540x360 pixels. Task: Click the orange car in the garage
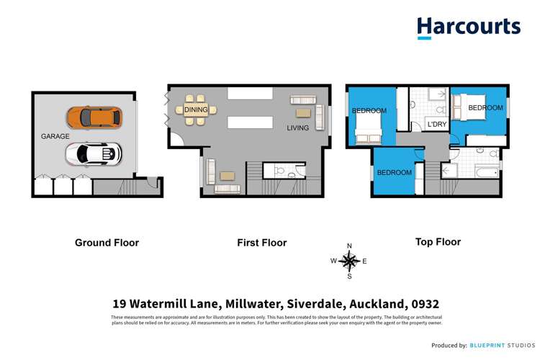tap(94, 117)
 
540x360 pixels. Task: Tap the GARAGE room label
tap(55, 135)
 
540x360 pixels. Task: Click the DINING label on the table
tap(196, 110)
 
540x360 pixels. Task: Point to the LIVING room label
tap(297, 128)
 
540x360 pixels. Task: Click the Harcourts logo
tap(468, 27)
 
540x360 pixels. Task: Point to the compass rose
tap(349, 261)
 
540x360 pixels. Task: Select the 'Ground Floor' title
tap(107, 243)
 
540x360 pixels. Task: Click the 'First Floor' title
tap(262, 243)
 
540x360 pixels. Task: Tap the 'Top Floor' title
tap(438, 242)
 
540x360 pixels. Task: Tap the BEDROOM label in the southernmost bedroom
tap(394, 173)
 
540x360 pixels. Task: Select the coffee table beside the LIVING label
tap(301, 113)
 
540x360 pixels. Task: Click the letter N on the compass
tap(349, 245)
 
